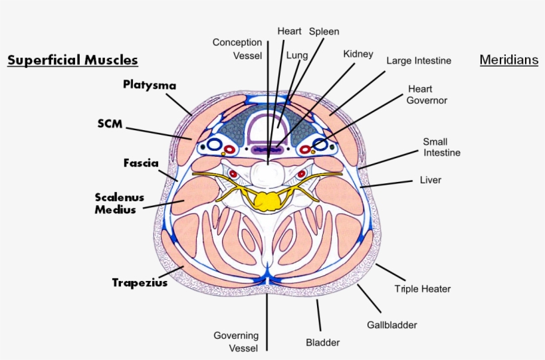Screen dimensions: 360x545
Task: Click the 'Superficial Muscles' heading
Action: point(72,60)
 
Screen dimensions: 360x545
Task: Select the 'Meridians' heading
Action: point(508,60)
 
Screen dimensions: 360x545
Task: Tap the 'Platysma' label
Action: point(150,84)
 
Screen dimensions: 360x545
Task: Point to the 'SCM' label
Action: point(110,124)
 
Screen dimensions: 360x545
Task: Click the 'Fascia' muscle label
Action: point(140,163)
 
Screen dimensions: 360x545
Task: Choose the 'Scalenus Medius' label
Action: point(119,203)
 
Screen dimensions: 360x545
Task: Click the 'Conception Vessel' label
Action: point(237,49)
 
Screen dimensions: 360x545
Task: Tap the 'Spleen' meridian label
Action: point(324,31)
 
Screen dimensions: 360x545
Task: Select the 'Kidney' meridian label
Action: point(358,54)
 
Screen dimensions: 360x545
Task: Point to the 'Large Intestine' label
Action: point(419,60)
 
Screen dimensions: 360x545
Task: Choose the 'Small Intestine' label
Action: point(442,147)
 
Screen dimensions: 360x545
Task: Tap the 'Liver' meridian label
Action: point(431,180)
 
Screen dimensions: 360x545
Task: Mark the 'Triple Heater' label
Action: point(423,289)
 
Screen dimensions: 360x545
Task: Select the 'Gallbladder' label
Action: point(392,325)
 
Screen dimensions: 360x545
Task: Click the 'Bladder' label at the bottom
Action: point(323,343)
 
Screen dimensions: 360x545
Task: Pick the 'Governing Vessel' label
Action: point(236,341)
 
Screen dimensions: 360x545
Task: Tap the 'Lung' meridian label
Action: point(296,56)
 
